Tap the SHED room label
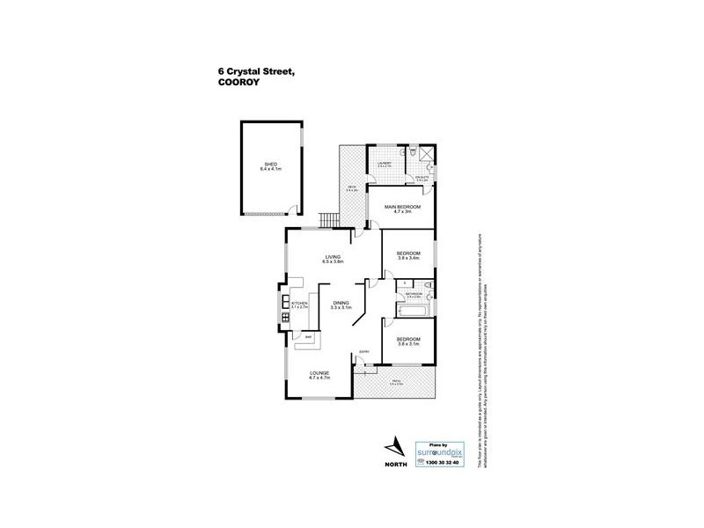tap(270, 163)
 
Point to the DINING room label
tap(340, 303)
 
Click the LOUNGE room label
tap(319, 373)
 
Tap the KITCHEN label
tap(300, 304)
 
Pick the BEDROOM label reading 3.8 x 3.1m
tap(407, 339)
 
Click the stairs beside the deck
tap(329, 218)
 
